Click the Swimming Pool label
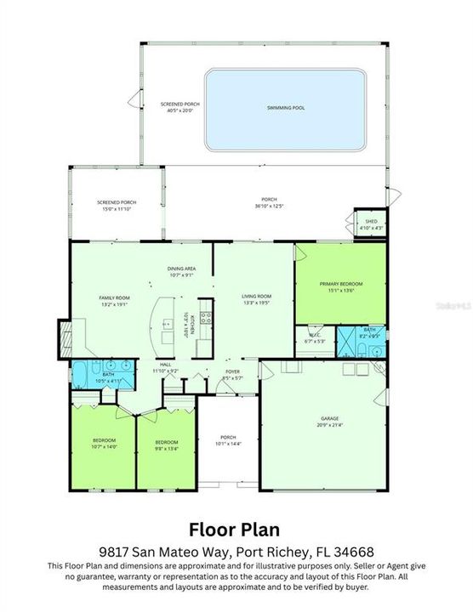point(286,109)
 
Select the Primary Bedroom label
point(341,285)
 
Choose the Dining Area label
point(182,269)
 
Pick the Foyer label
point(232,371)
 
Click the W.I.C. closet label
point(314,336)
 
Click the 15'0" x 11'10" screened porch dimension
point(117,207)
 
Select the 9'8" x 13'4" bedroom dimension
point(166,445)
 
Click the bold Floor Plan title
point(236,531)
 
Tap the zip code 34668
point(356,552)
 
